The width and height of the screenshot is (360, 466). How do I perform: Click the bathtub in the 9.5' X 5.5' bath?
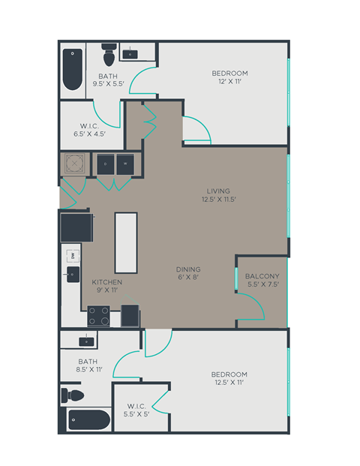coord(73,69)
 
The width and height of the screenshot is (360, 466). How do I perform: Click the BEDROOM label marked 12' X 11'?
coord(229,77)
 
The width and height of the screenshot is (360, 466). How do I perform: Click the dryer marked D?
coord(105,164)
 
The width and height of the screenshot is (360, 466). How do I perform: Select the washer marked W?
coord(125,164)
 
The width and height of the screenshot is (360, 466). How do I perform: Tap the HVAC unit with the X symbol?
coord(76,164)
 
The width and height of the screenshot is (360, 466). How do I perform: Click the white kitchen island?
coord(126,242)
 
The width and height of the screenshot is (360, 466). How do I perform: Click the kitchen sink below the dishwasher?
coord(73,275)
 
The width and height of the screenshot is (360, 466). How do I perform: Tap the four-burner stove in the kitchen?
coord(100,316)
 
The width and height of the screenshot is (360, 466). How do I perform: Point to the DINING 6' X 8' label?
coord(188,273)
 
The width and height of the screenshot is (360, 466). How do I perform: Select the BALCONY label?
coord(262,280)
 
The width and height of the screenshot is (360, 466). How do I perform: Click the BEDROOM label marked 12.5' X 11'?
coord(229,378)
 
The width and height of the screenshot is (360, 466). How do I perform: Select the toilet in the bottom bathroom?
coord(73,394)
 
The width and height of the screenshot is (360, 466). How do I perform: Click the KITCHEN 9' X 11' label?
coord(106,286)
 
